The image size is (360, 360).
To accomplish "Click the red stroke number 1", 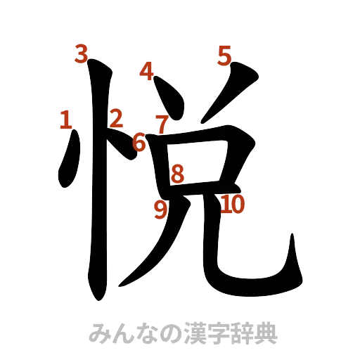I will (x=66, y=120).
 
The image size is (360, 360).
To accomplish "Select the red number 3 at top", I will (x=82, y=53).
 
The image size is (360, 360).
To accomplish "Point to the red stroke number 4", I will (x=147, y=70).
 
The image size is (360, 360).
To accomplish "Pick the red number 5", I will (x=224, y=55).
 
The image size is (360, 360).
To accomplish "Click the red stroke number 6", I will (x=140, y=143).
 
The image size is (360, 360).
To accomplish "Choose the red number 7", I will (x=162, y=124).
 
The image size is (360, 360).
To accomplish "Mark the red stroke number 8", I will (x=177, y=173).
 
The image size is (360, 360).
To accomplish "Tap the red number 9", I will (x=160, y=208).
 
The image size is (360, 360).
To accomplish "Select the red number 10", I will (x=232, y=205).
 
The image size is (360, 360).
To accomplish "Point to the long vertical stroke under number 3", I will (x=98, y=183).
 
